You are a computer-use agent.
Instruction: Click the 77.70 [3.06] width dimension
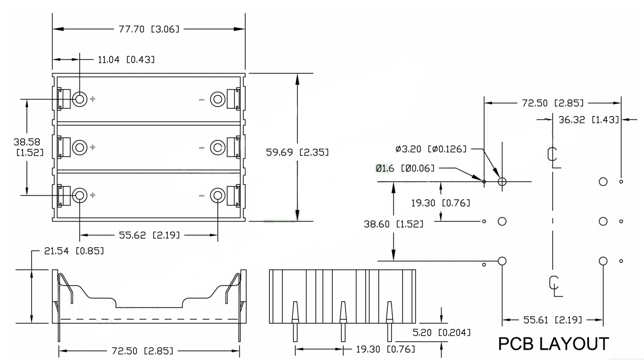coord(149,29)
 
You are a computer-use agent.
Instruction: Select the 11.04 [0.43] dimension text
coord(126,59)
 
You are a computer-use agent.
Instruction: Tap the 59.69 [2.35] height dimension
coord(297,152)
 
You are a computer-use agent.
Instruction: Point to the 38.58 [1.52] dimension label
coord(28,147)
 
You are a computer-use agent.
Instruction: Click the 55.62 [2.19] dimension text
coord(149,235)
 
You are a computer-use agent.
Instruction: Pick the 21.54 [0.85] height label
coord(74,251)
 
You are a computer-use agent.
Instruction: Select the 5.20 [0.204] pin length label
coord(442,332)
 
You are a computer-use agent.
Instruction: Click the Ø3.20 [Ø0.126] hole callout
coord(431,149)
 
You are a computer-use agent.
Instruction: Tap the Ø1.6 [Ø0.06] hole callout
coord(405,168)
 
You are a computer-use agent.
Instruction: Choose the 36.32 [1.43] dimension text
coord(588,119)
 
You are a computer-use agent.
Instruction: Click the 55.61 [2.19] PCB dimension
coord(553,320)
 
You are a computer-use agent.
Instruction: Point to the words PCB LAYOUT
coord(553,344)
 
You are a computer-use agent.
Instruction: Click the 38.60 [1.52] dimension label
coord(394,224)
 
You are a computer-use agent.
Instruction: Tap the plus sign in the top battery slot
coord(93,99)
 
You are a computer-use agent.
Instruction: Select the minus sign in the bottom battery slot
coord(201,196)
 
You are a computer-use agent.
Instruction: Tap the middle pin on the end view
coord(343,321)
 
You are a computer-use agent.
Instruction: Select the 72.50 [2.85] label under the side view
coord(142,351)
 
